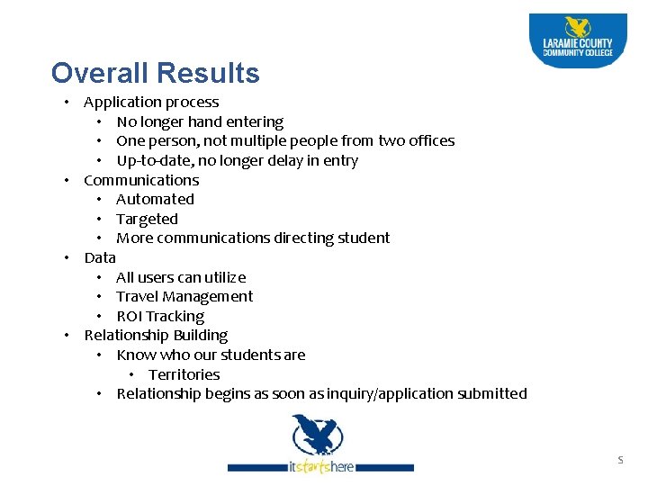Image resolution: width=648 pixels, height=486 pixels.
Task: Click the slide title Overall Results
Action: click(x=155, y=73)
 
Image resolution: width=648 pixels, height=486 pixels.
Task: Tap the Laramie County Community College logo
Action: click(x=577, y=40)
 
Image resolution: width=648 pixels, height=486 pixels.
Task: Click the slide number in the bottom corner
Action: click(x=619, y=460)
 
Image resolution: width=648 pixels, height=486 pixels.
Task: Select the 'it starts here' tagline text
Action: click(x=321, y=467)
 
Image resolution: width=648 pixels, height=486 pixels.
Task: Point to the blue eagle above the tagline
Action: click(x=317, y=435)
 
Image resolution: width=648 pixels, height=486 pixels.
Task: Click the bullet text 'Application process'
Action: click(x=151, y=103)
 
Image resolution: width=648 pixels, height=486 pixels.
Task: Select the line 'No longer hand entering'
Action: click(x=200, y=121)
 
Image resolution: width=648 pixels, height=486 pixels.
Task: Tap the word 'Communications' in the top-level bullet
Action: click(x=141, y=180)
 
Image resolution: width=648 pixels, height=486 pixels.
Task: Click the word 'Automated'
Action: click(x=155, y=200)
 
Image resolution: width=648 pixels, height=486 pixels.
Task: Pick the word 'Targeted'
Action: click(x=147, y=219)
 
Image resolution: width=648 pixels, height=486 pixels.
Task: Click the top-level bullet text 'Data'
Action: click(x=100, y=257)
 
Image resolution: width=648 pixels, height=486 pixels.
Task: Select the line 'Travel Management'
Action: click(x=184, y=296)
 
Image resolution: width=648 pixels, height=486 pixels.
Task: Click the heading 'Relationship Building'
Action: click(x=156, y=335)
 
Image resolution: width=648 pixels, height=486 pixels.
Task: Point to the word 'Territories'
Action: click(x=184, y=374)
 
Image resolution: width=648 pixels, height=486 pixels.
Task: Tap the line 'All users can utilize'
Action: click(x=181, y=277)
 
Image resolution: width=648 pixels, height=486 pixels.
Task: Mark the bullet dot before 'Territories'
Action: click(x=131, y=374)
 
